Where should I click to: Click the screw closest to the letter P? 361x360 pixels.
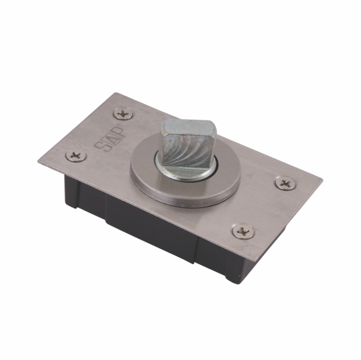(x=123, y=113)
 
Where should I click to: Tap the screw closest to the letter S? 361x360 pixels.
(x=75, y=156)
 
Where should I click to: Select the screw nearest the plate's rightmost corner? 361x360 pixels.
(x=285, y=183)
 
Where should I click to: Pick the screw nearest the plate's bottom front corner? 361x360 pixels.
(x=243, y=232)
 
